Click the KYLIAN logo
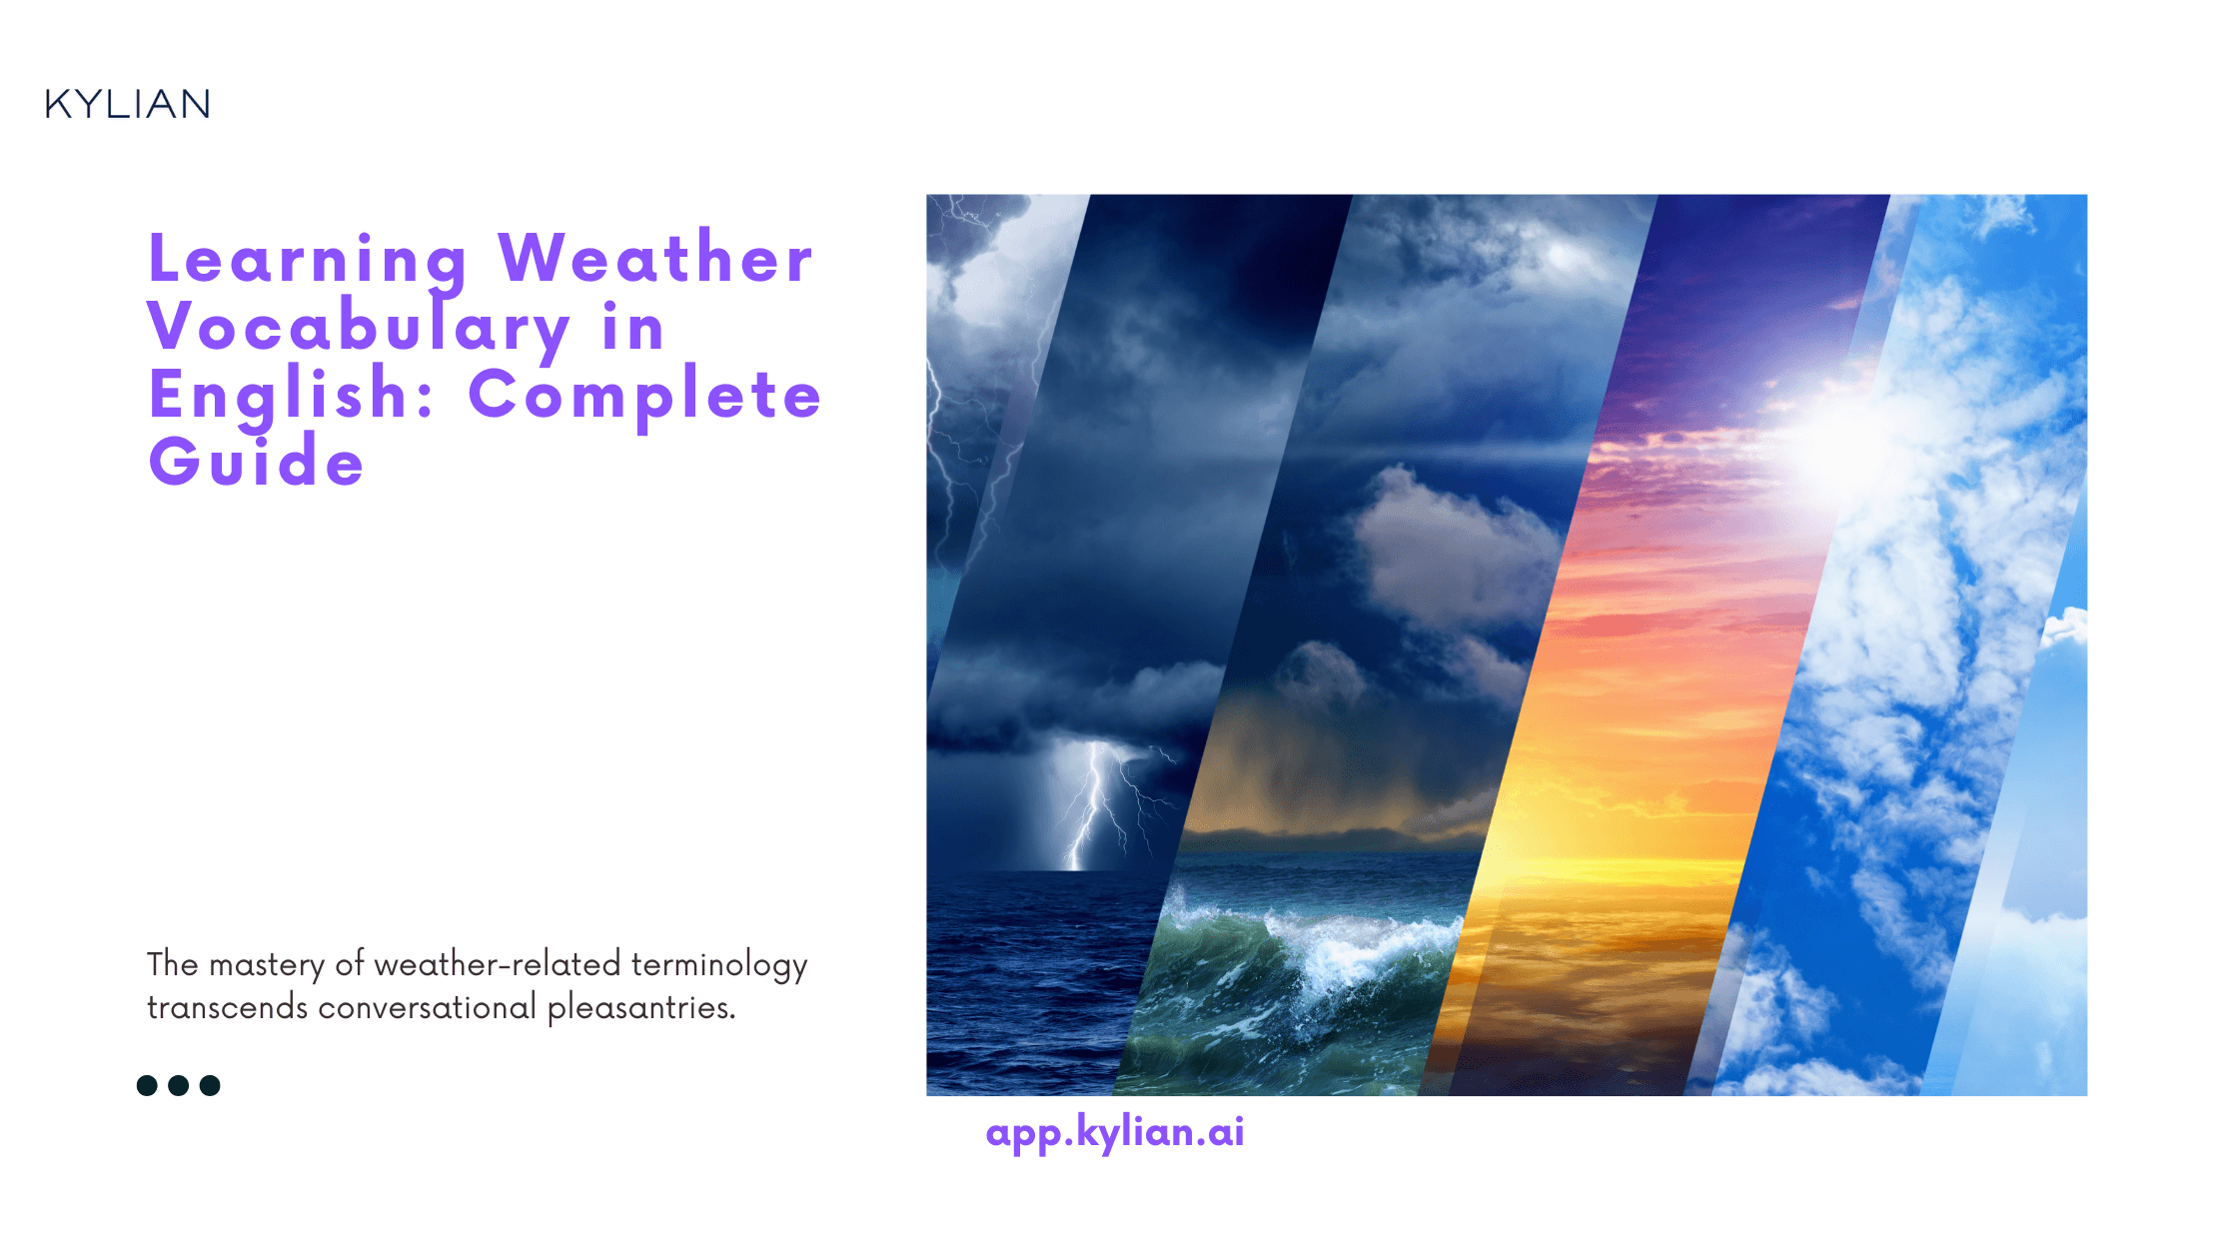(128, 104)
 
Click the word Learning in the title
(308, 259)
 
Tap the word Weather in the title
(655, 258)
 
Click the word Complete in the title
(644, 395)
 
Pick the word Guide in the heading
(257, 462)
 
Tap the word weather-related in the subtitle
(498, 964)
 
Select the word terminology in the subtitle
(719, 965)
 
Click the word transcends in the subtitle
(228, 1007)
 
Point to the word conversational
(427, 1007)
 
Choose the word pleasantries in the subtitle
(640, 1007)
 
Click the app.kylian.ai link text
(1115, 1132)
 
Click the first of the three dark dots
(147, 1085)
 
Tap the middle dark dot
(179, 1085)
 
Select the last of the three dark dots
(210, 1085)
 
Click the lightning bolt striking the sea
(1094, 809)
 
